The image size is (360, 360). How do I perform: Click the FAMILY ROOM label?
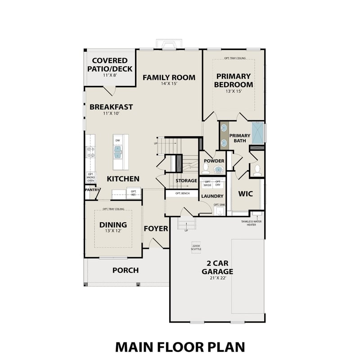click(x=169, y=77)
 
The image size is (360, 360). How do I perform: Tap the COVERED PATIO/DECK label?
click(x=109, y=64)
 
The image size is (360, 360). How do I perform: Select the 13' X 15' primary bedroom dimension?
click(x=234, y=91)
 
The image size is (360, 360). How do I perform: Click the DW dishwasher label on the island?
click(x=118, y=141)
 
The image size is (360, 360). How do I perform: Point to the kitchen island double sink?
click(x=118, y=155)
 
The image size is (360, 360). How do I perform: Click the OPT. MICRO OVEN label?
click(x=90, y=177)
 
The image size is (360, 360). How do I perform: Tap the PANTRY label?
click(x=92, y=190)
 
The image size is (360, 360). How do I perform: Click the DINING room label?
click(x=113, y=225)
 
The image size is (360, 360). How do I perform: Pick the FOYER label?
click(x=156, y=229)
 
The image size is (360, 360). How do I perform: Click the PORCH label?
click(x=125, y=270)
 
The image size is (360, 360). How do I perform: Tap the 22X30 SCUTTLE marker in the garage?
click(x=196, y=247)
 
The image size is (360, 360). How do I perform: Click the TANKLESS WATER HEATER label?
click(x=251, y=223)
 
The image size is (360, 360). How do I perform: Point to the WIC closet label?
click(x=245, y=194)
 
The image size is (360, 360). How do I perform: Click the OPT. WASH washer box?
click(x=207, y=183)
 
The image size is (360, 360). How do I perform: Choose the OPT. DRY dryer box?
click(x=218, y=183)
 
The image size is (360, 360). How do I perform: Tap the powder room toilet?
click(x=206, y=169)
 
